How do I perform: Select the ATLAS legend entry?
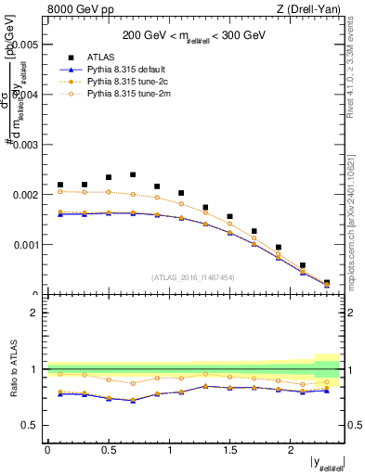[x=100, y=57]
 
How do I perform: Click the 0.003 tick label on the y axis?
[x=25, y=145]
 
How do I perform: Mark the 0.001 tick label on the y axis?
[x=25, y=246]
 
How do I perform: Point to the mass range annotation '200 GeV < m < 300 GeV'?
[x=195, y=35]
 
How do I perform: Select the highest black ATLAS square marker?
[x=133, y=174]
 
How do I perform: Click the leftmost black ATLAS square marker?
[x=60, y=185]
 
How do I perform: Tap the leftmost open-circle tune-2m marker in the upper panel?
[x=60, y=191]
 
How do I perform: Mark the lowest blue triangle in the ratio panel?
[x=133, y=401]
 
